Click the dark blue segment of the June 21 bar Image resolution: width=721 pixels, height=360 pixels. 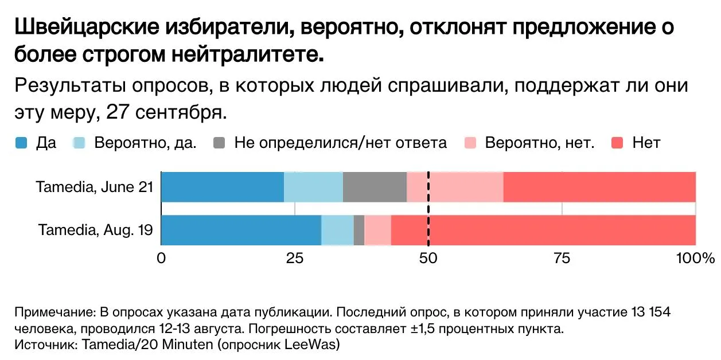[223, 187]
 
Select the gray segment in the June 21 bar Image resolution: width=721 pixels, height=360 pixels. [375, 187]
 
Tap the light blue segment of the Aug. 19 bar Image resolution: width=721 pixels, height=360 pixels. [337, 230]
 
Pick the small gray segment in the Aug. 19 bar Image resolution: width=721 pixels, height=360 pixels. [359, 230]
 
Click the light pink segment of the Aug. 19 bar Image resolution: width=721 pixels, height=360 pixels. [377, 230]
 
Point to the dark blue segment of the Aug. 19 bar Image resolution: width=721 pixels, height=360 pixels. [241, 230]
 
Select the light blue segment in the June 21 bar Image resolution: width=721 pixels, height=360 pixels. [314, 187]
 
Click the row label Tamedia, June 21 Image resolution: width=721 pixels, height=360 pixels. [95, 187]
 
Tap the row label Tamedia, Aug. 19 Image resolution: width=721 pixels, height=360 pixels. [96, 230]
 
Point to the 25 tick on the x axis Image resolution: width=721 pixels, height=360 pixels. [294, 259]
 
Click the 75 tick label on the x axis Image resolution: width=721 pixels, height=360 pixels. [562, 259]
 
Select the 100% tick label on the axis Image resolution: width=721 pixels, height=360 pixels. [695, 259]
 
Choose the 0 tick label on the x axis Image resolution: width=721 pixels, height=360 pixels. [161, 259]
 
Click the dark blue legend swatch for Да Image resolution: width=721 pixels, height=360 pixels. [21, 143]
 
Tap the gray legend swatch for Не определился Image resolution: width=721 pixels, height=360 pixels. [219, 143]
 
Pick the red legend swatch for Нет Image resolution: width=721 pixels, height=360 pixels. [617, 143]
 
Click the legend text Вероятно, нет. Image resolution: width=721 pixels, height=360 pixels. [540, 143]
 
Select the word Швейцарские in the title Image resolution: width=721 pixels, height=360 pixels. [87, 27]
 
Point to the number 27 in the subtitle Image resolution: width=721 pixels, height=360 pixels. [118, 112]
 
